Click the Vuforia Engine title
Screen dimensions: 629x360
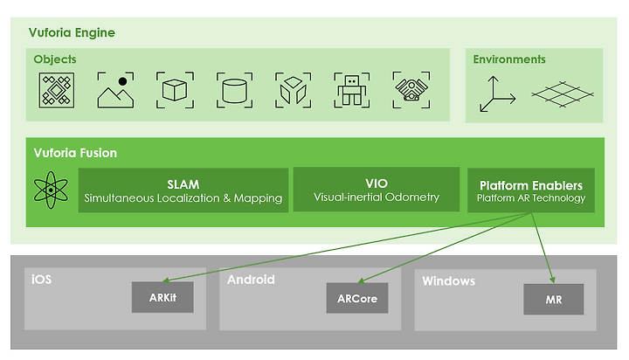point(72,32)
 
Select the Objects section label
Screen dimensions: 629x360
point(55,59)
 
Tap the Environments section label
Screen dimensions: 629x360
point(509,59)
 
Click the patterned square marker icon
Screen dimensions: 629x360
point(57,90)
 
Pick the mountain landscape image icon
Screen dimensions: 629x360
point(115,90)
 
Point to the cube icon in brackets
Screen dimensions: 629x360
point(175,90)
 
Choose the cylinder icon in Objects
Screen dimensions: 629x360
point(235,90)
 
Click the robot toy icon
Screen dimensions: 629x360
point(352,90)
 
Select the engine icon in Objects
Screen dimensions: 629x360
point(411,90)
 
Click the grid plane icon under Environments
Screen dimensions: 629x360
point(562,94)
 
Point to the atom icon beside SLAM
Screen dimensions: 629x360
point(51,190)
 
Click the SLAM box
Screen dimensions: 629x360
point(183,190)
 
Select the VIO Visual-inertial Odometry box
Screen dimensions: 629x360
point(377,190)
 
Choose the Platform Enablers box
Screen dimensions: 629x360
point(531,190)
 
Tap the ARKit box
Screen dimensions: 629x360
point(162,297)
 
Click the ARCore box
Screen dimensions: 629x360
point(357,298)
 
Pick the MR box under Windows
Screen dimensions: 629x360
point(554,300)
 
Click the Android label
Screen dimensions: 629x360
point(251,280)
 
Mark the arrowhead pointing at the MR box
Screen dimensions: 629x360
point(553,280)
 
